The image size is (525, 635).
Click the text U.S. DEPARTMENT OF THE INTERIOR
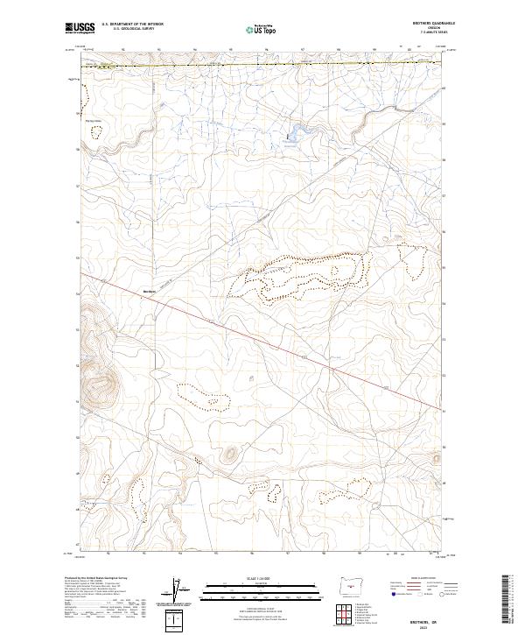tap(132, 25)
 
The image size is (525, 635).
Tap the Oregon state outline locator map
tap(348, 584)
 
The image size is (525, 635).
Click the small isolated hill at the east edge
tap(434, 456)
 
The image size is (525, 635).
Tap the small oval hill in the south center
tap(230, 454)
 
